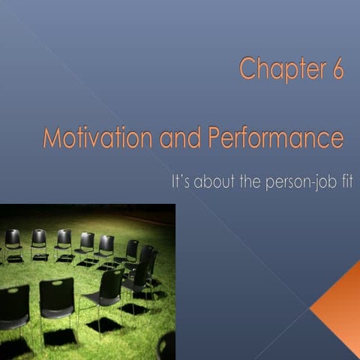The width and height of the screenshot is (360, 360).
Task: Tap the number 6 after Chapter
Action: pyautogui.click(x=337, y=69)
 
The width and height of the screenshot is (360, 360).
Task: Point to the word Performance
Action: pyautogui.click(x=274, y=139)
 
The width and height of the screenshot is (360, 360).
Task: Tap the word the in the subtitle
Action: pyautogui.click(x=253, y=182)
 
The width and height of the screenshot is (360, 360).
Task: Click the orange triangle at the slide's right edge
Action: pyautogui.click(x=340, y=307)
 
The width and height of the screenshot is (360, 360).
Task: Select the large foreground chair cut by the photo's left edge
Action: pyautogui.click(x=13, y=307)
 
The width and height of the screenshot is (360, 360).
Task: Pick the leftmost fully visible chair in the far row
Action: pyautogui.click(x=13, y=242)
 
